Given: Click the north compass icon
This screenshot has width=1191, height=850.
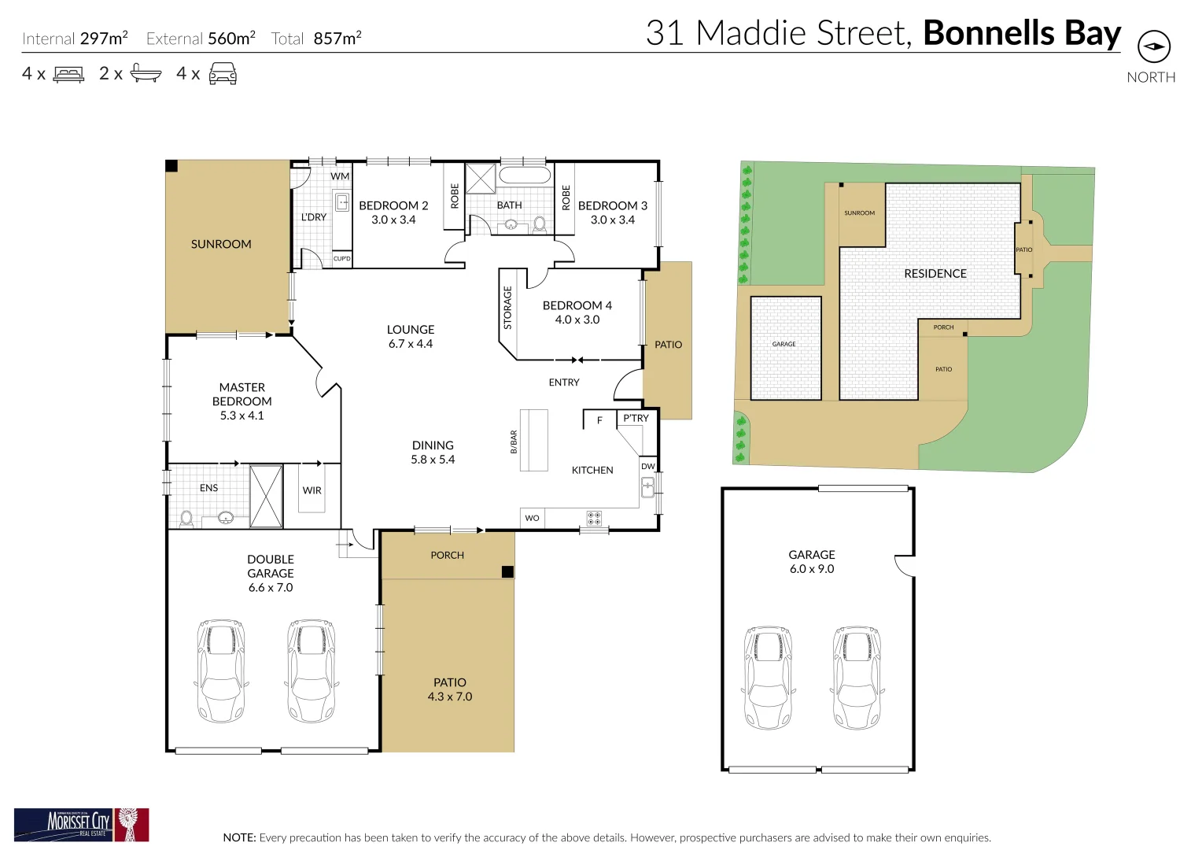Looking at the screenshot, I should pyautogui.click(x=1153, y=46).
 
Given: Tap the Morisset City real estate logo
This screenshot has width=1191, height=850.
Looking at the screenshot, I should pyautogui.click(x=81, y=824).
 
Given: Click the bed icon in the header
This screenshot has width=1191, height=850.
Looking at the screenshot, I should pyautogui.click(x=69, y=75).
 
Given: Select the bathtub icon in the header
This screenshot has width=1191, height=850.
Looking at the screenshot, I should pyautogui.click(x=146, y=74).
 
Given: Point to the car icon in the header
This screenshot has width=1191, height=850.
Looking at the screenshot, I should pyautogui.click(x=223, y=74).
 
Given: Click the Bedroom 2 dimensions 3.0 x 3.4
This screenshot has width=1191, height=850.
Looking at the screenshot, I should pyautogui.click(x=393, y=220).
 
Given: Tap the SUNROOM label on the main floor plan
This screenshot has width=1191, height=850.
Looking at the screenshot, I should pyautogui.click(x=221, y=245).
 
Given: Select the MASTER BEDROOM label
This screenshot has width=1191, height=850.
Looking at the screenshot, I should pyautogui.click(x=242, y=394).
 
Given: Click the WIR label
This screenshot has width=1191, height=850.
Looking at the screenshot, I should pyautogui.click(x=312, y=490).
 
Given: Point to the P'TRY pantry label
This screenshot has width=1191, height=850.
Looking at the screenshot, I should pyautogui.click(x=636, y=419).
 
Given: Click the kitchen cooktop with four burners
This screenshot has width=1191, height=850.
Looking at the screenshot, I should pyautogui.click(x=594, y=518).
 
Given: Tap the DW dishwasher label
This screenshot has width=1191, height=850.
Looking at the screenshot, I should pyautogui.click(x=647, y=467).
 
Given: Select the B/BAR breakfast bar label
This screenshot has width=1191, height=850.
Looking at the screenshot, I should pyautogui.click(x=514, y=442).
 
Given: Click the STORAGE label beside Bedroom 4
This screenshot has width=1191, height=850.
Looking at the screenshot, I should pyautogui.click(x=507, y=308).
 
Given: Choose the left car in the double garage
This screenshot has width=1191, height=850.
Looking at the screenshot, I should pyautogui.click(x=221, y=671).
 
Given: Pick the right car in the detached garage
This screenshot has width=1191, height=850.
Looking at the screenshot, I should pyautogui.click(x=857, y=677).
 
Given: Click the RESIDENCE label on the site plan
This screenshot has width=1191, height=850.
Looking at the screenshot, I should pyautogui.click(x=935, y=274).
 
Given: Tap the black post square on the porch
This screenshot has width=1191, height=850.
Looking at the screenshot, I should pyautogui.click(x=507, y=572).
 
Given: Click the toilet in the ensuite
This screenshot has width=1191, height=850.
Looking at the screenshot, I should pyautogui.click(x=186, y=518).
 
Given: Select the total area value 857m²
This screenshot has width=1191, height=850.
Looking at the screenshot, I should pyautogui.click(x=337, y=39).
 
